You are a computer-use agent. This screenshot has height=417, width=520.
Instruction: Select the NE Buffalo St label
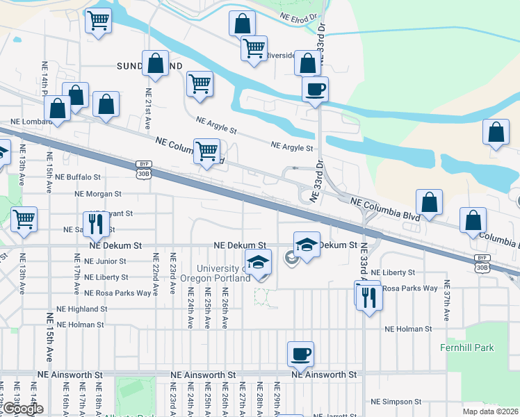point(79,178)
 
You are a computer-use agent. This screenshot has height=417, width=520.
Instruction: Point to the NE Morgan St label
point(99,194)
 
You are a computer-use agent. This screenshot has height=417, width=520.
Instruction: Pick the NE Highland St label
point(82,309)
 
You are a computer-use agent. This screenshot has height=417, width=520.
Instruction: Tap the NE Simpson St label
point(396,402)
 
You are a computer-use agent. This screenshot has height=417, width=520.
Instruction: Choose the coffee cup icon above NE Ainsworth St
point(300,354)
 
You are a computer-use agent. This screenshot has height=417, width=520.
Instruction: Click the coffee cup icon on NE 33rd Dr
point(315,90)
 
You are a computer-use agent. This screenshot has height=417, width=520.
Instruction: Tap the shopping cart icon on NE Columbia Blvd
point(206,151)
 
